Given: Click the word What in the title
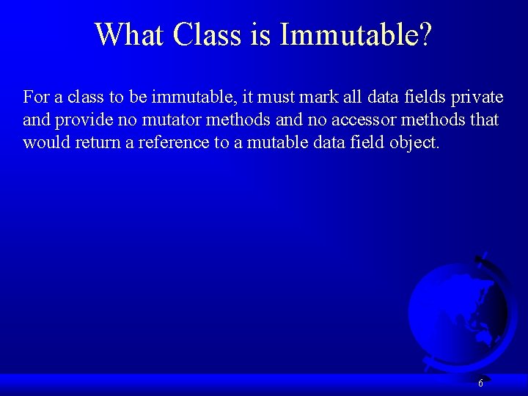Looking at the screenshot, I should click(x=129, y=34).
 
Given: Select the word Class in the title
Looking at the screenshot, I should click(x=208, y=34).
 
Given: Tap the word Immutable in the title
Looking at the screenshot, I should click(x=344, y=34).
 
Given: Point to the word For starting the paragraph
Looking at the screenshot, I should click(x=36, y=97).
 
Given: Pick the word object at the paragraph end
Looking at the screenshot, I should click(x=415, y=142).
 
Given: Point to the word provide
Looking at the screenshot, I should click(x=79, y=120).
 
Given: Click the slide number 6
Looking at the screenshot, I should click(x=480, y=384).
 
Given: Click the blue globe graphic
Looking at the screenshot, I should click(x=458, y=308).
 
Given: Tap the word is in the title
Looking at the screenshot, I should click(x=261, y=34).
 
